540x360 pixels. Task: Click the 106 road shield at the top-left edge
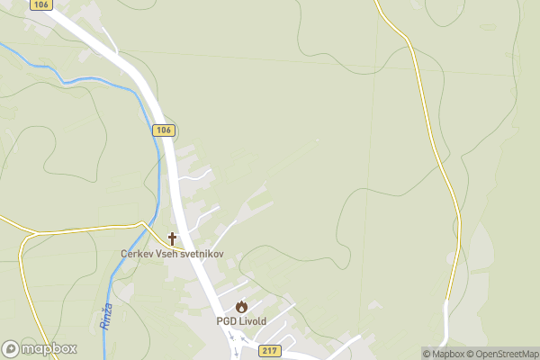tap(40, 4)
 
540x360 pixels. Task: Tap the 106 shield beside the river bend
tap(162, 130)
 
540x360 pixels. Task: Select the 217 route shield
tap(268, 350)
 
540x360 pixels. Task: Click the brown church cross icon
tap(172, 238)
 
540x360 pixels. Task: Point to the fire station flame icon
tap(241, 307)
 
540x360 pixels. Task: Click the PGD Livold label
tap(241, 321)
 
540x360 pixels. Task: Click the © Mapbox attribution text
tap(441, 354)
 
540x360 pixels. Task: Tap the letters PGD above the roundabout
tap(225, 321)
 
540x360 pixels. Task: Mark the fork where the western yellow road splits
tap(34, 233)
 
